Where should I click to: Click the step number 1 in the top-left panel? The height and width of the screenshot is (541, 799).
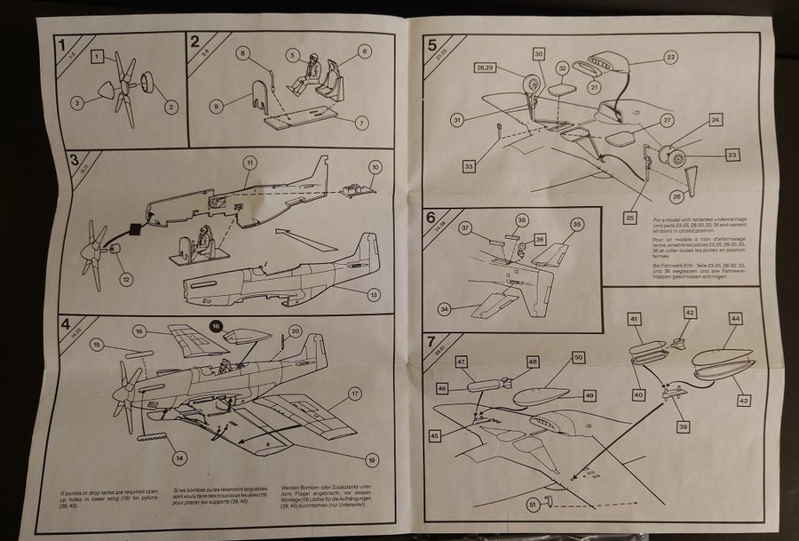pos(59,44)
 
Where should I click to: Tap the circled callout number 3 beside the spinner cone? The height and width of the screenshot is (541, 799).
pos(78,103)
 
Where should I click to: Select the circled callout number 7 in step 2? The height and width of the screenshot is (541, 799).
pos(361,122)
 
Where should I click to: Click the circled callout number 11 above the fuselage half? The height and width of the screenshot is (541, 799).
pos(250,163)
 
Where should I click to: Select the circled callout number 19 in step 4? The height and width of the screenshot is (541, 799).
pos(371,459)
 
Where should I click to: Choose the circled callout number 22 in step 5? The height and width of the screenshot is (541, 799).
pos(670,58)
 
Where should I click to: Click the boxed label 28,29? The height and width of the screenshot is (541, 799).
pos(486,68)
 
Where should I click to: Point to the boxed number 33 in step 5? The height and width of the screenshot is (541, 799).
pos(469,165)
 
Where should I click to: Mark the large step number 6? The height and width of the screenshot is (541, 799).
pos(432,218)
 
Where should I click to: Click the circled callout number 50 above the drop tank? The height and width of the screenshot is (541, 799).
pos(577,357)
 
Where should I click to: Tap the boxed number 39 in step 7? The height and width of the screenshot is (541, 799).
pos(683,426)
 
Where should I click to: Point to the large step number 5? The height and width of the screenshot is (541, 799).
pos(432,44)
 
